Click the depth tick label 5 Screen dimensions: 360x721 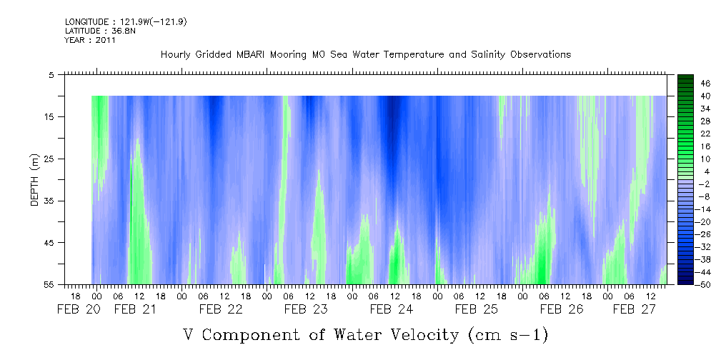(52, 74)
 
